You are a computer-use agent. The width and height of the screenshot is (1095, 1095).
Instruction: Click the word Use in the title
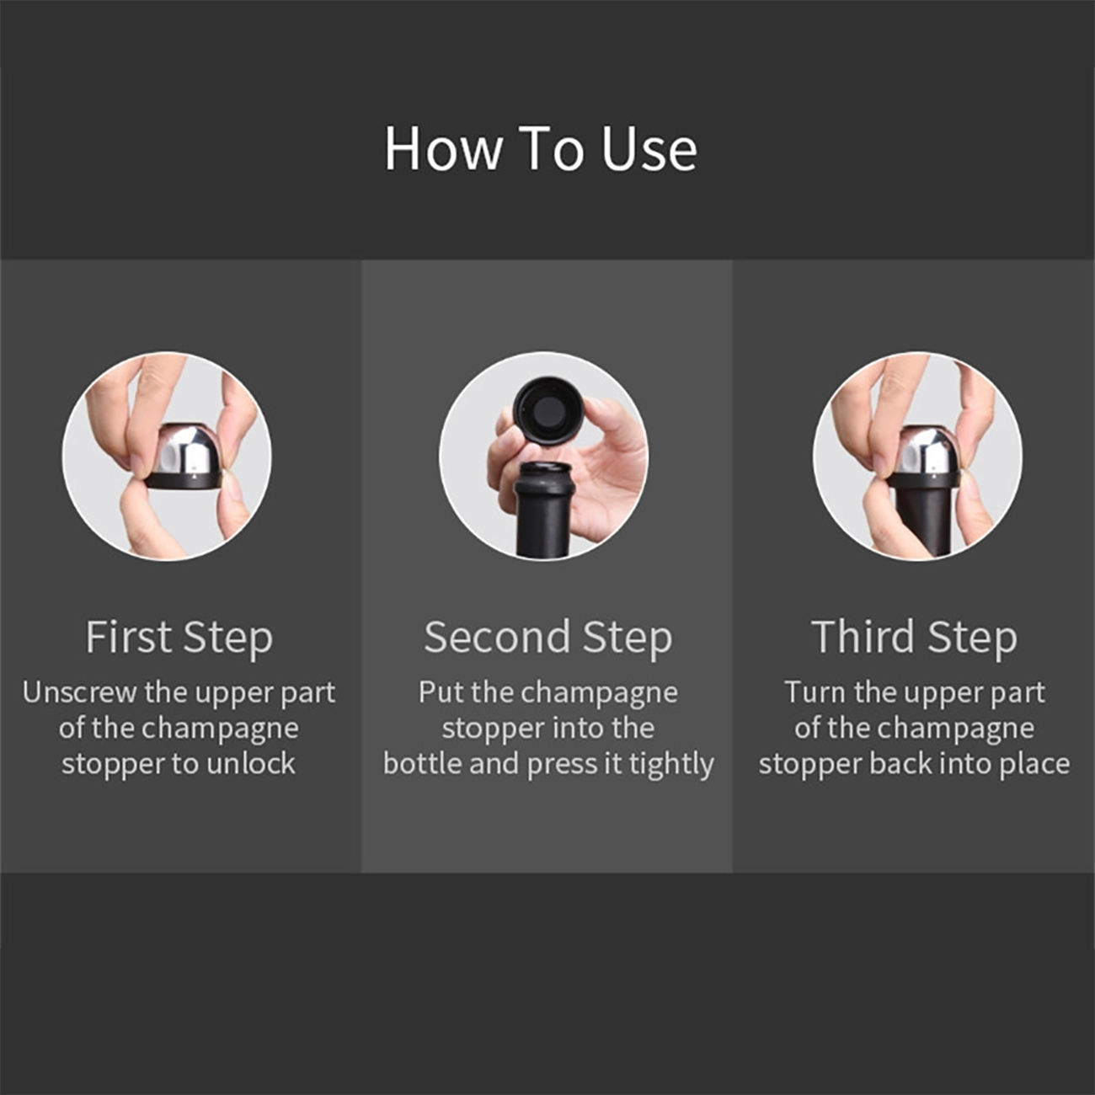649,149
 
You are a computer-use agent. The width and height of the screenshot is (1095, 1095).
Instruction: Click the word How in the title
443,149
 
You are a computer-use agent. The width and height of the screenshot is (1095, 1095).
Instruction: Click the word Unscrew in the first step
79,692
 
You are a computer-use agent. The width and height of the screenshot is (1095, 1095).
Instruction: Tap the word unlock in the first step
251,763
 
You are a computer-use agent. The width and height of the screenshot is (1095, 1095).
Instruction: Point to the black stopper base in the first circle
183,480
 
